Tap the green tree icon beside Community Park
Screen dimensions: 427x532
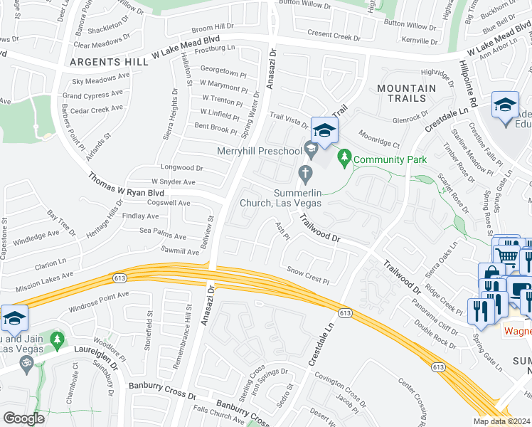[344, 155]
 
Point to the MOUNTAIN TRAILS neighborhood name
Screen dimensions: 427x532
[406, 93]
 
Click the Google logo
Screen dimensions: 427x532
[23, 418]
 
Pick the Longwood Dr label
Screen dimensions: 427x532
[183, 168]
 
